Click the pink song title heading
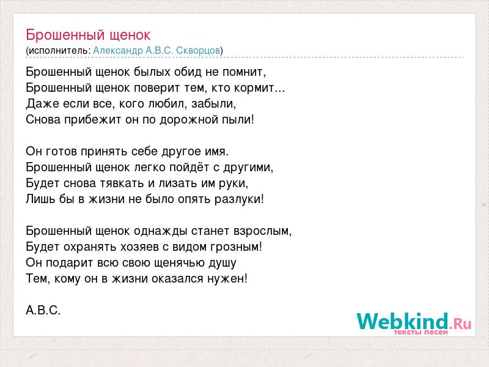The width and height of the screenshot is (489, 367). [88, 35]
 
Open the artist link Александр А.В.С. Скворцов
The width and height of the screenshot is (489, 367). [156, 50]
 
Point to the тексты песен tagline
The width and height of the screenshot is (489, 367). [421, 332]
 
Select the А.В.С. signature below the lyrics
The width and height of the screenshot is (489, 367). [43, 310]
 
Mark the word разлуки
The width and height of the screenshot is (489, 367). [238, 199]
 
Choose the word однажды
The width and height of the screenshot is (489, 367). [161, 231]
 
